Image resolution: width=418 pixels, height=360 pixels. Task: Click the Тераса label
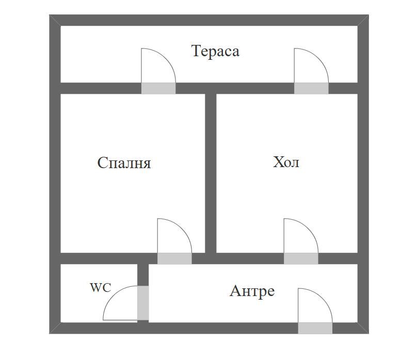(215, 51)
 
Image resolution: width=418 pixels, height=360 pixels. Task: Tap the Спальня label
(124, 163)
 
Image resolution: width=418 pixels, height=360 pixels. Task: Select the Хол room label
(286, 162)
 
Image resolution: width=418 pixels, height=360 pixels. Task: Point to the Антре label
(252, 291)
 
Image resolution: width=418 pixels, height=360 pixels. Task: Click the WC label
(101, 287)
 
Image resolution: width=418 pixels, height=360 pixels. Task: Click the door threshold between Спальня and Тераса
(158, 89)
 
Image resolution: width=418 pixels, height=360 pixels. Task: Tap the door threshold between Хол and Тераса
(311, 89)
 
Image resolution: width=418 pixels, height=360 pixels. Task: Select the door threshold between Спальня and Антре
(174, 258)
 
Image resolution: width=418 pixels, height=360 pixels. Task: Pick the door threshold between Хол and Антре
(301, 258)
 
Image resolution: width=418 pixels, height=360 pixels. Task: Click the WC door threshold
(143, 303)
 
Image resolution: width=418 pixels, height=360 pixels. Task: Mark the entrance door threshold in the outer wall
(315, 329)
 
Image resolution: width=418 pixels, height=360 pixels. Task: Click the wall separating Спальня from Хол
(211, 173)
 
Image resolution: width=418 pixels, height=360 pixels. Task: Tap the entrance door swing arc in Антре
(323, 299)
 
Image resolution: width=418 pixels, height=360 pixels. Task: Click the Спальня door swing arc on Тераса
(166, 59)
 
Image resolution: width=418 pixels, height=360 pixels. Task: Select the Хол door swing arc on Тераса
(318, 59)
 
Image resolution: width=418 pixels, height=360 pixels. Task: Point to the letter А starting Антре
(235, 291)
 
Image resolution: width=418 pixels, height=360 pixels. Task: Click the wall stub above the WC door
(143, 275)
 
